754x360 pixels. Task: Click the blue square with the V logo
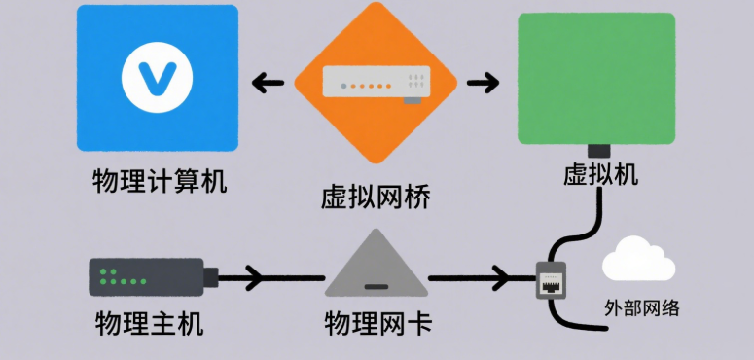point(157,78)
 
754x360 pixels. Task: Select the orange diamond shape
point(376,86)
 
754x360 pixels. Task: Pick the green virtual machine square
point(596,78)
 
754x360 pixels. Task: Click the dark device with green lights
point(146,277)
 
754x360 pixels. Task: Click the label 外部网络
point(640,309)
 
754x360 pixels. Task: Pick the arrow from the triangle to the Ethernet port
point(472,278)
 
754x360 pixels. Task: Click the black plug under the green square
point(598,151)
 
